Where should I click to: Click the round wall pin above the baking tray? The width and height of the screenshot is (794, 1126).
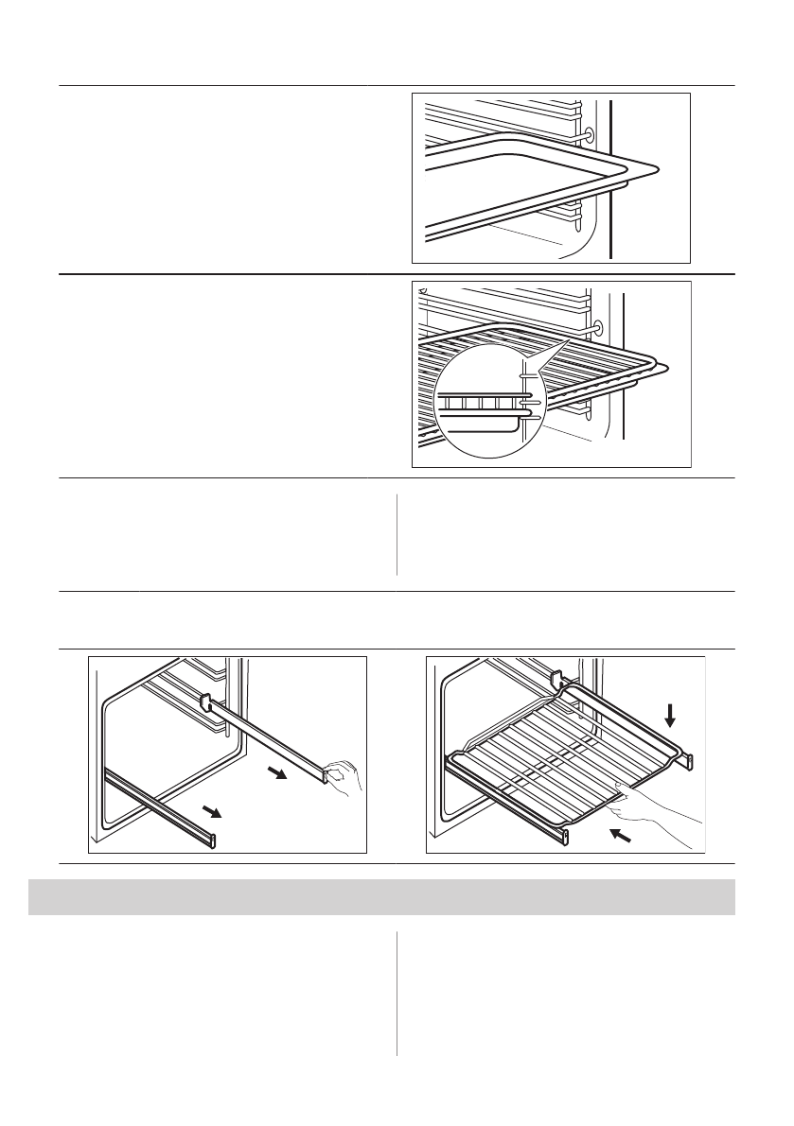(591, 136)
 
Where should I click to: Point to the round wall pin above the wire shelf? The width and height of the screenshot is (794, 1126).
(595, 326)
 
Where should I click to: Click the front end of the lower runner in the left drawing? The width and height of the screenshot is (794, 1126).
(214, 840)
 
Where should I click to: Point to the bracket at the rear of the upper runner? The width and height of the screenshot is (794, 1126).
(203, 701)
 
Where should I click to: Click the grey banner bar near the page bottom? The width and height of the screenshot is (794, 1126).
(381, 897)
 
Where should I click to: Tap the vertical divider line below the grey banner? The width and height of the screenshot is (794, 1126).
(397, 994)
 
